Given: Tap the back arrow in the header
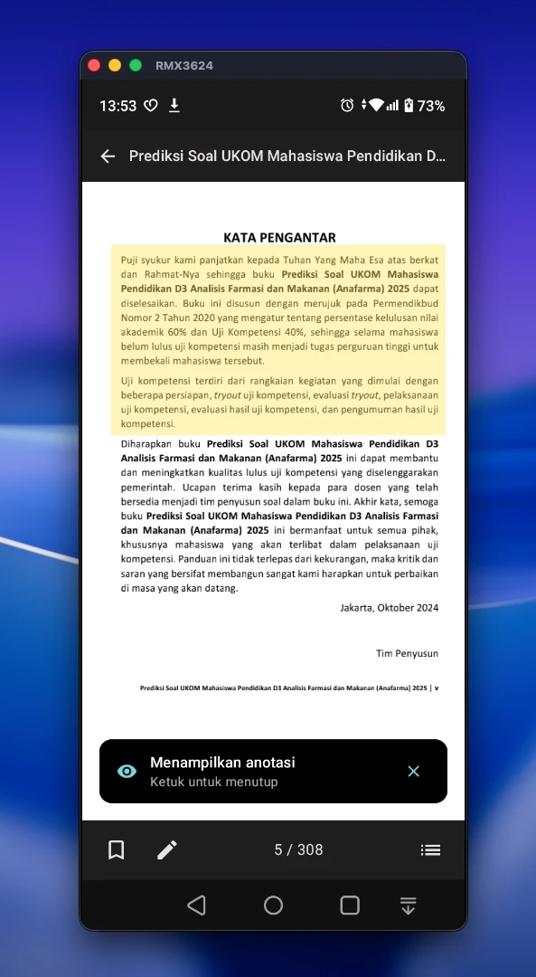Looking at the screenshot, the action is (108, 156).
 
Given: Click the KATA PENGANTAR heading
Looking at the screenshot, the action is (279, 237).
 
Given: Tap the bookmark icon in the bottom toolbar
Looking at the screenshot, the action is (117, 849).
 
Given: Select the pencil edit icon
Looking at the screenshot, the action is (167, 849).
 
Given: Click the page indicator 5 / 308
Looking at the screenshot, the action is (298, 849).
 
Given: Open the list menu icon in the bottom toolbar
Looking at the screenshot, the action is (430, 849).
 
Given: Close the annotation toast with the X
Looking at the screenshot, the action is (414, 771).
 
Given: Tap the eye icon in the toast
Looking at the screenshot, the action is (127, 771).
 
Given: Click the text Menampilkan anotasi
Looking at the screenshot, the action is (222, 763).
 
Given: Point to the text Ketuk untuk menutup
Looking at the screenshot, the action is (214, 782).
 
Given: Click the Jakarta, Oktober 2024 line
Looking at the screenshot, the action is (389, 608).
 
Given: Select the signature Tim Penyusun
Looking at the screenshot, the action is (407, 652).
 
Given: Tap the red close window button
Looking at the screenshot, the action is (93, 65).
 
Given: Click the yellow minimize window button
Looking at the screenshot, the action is (115, 65).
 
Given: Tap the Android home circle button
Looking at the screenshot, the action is (273, 905).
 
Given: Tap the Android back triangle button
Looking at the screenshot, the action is (196, 905).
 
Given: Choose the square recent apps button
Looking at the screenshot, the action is (350, 905).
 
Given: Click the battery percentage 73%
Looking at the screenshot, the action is (431, 106).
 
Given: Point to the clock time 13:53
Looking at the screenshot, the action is (118, 106).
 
